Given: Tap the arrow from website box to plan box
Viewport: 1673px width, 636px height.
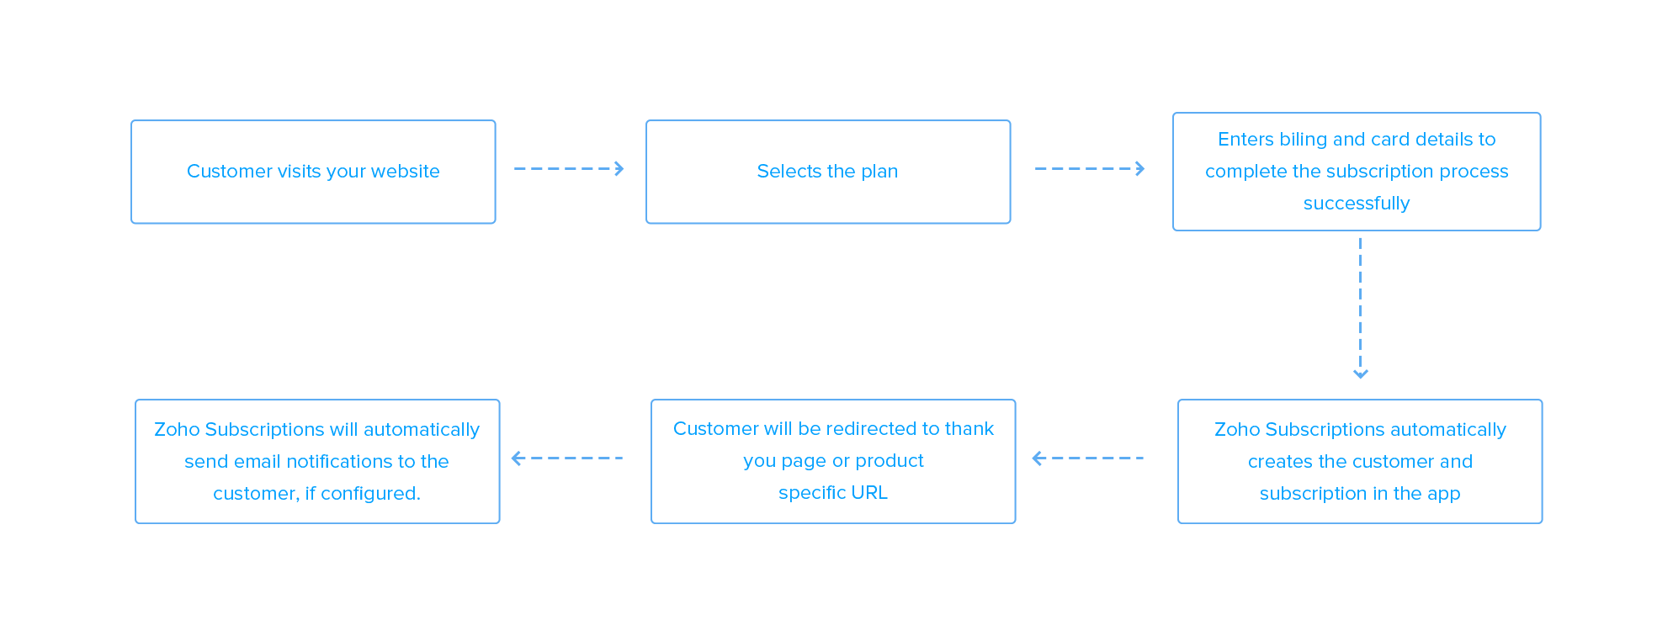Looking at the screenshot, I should click(x=569, y=169).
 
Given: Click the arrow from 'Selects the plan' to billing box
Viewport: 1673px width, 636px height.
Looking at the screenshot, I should click(x=1090, y=169).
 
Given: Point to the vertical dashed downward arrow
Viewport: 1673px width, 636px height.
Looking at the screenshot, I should click(x=1360, y=303).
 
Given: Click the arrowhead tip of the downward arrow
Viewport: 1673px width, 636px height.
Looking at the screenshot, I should click(x=1360, y=375).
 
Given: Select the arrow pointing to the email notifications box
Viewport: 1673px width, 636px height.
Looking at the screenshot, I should click(x=566, y=458).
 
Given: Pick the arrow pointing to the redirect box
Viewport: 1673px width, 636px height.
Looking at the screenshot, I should click(x=1086, y=458).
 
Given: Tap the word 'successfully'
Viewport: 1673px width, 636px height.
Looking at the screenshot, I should click(x=1356, y=204).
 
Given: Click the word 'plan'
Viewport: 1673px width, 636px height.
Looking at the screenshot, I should click(x=879, y=172).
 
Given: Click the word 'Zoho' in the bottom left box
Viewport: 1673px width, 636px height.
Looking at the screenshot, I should click(x=177, y=430).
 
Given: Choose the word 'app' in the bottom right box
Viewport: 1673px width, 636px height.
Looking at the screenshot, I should click(x=1443, y=494).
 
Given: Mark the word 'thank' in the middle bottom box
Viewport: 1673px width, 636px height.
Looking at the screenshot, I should click(x=969, y=429).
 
